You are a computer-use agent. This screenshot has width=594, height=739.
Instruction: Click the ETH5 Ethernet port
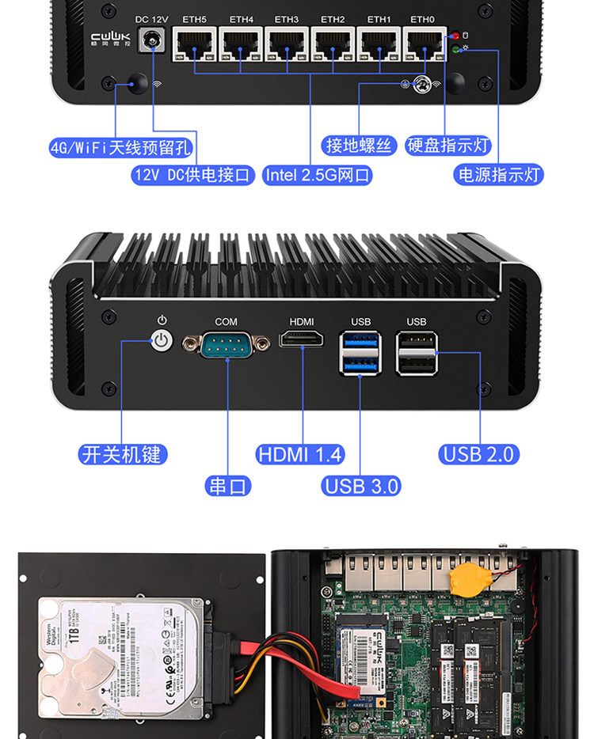click(x=194, y=45)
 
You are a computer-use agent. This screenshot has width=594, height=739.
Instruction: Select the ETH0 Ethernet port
click(x=424, y=45)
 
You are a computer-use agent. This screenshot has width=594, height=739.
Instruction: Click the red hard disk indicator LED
click(x=455, y=36)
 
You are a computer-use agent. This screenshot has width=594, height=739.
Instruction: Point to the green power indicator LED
click(x=455, y=51)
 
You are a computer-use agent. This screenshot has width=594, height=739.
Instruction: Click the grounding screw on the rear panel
click(x=422, y=84)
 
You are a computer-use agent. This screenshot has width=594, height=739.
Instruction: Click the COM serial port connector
click(x=227, y=343)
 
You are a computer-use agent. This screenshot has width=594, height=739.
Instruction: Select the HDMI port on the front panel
click(x=302, y=341)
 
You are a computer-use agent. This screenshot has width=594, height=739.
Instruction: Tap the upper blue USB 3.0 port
click(x=360, y=341)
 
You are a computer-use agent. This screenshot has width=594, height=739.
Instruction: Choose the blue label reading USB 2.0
click(x=479, y=454)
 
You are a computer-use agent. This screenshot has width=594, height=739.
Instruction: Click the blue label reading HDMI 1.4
click(x=300, y=454)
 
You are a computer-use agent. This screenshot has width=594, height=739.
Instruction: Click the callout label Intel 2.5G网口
click(x=318, y=175)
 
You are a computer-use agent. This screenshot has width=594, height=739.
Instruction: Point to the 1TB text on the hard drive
click(x=76, y=639)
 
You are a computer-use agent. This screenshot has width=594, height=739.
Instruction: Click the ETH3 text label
click(x=287, y=19)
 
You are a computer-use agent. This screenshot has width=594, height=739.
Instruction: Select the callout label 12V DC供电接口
click(x=192, y=175)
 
